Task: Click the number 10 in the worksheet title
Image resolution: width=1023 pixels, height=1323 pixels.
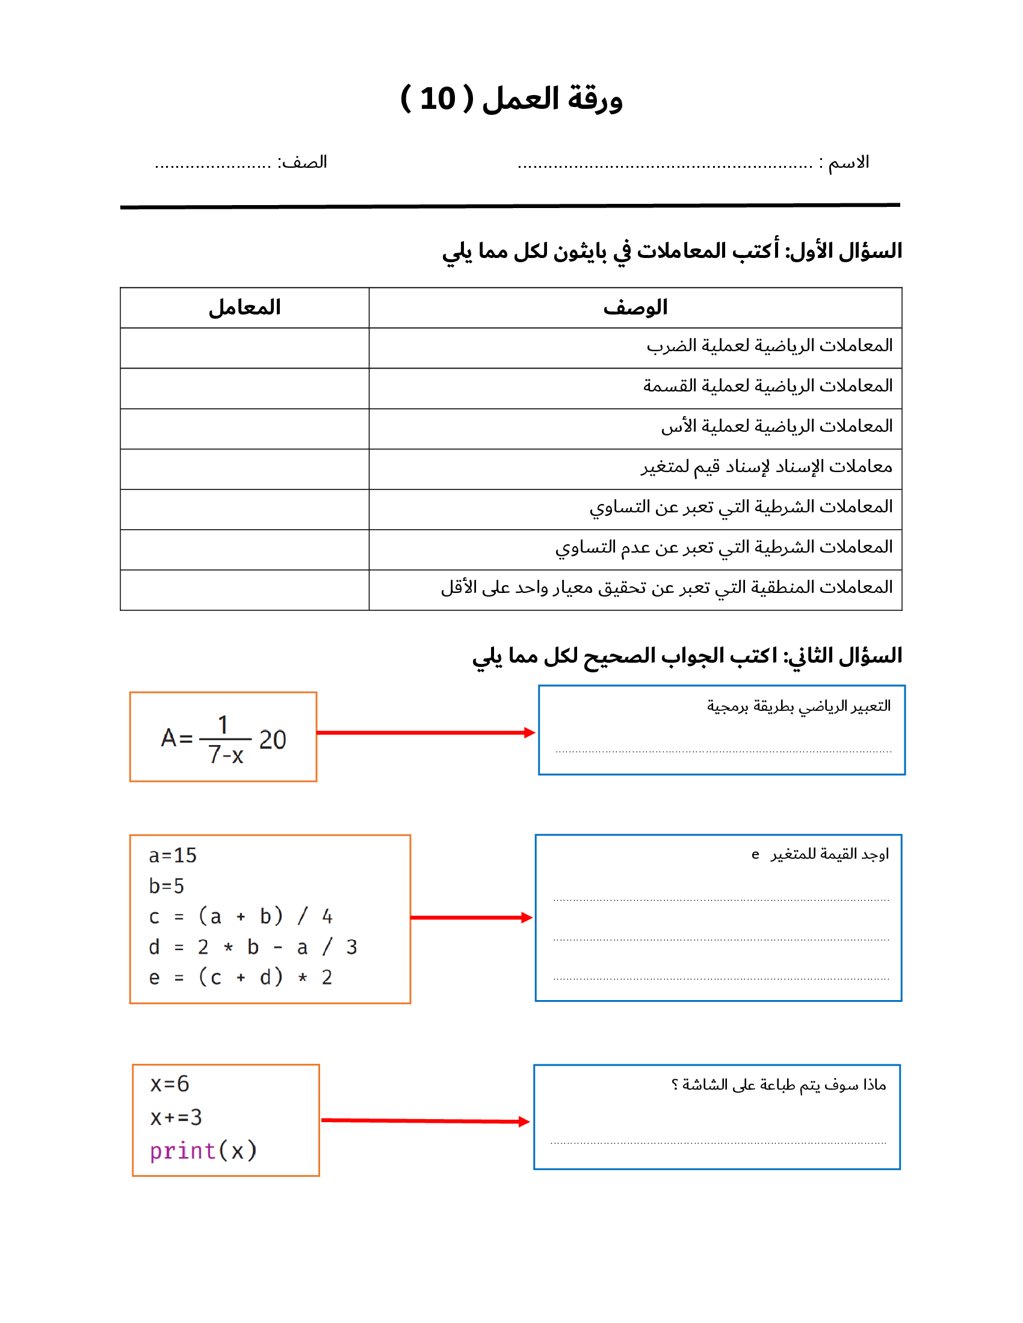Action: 437,99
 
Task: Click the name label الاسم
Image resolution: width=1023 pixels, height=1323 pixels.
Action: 848,162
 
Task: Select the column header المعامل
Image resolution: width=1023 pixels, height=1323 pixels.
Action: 245,308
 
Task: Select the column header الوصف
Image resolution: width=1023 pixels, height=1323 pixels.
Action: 635,308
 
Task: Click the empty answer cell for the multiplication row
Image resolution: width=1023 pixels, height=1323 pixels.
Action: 245,348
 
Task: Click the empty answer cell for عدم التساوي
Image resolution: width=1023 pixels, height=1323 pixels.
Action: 245,550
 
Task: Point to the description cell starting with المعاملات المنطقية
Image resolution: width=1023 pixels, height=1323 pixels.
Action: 667,588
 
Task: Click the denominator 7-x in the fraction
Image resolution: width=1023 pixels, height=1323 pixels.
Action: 226,755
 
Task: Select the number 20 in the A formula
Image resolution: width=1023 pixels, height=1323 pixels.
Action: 273,740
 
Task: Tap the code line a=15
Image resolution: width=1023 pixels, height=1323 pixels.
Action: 173,855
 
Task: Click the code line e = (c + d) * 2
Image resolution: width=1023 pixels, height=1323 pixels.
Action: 241,977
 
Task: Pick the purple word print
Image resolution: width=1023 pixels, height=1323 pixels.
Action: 183,1150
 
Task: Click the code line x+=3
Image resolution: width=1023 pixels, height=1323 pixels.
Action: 176,1117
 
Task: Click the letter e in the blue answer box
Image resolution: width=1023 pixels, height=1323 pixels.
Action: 755,855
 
